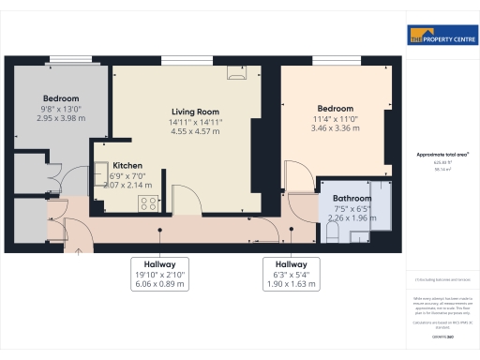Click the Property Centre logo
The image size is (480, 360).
pos(442,37)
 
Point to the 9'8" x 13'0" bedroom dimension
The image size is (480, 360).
pos(59,109)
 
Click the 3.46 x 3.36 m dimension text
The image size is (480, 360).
pos(334,127)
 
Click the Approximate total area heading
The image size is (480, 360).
pos(442,154)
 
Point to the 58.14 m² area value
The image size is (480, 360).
pos(442,170)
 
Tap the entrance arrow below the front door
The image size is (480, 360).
pos(79,248)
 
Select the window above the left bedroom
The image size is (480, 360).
pos(71,62)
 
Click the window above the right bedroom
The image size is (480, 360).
pos(332,62)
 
